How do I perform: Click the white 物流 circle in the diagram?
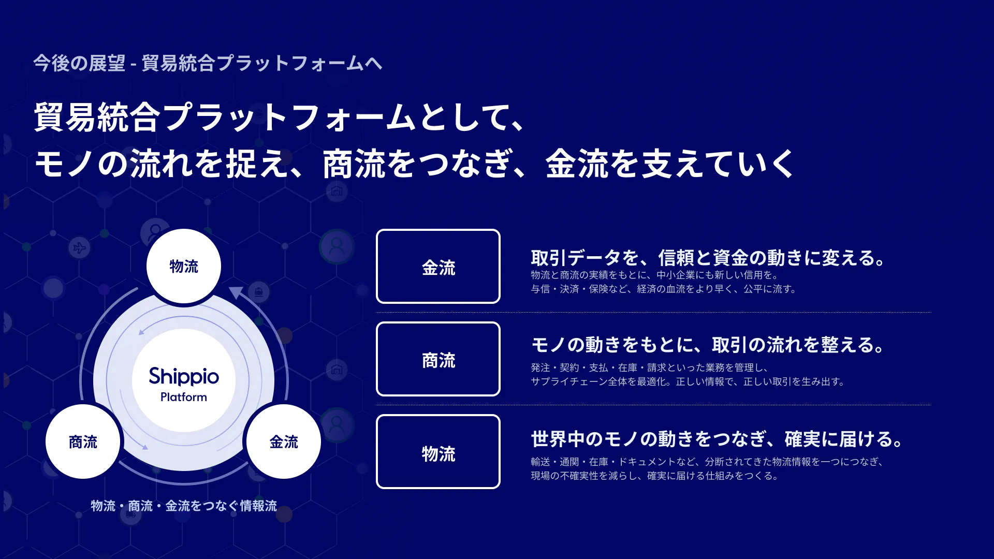point(184,266)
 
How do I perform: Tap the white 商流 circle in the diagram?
point(83,442)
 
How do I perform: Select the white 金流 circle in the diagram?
point(284,442)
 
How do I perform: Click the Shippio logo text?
point(184,376)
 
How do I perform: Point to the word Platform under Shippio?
point(184,397)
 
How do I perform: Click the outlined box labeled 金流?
point(438,266)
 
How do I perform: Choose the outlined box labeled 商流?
point(438,359)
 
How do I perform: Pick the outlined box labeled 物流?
point(438,451)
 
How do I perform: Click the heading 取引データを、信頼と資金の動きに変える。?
point(709,258)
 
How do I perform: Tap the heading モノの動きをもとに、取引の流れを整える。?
point(709,345)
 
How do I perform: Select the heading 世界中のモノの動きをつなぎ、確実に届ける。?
point(718,439)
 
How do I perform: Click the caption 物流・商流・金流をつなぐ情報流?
point(184,506)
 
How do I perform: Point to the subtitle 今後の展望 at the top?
point(79,63)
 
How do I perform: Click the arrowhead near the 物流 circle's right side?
point(236,293)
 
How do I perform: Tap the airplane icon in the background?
point(79,248)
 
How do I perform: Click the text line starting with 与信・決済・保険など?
point(664,289)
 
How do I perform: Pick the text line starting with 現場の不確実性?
point(655,476)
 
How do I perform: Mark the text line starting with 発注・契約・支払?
point(650,367)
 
